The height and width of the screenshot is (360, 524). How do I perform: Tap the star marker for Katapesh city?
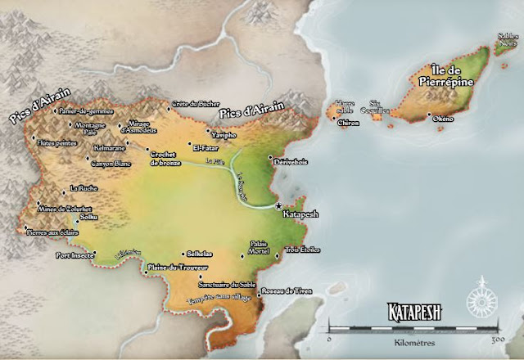click(x=279, y=205)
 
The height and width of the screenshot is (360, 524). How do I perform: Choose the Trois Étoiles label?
click(x=303, y=249)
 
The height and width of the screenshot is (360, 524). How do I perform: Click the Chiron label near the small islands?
click(x=348, y=123)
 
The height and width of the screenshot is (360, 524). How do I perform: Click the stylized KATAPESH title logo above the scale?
click(x=418, y=312)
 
